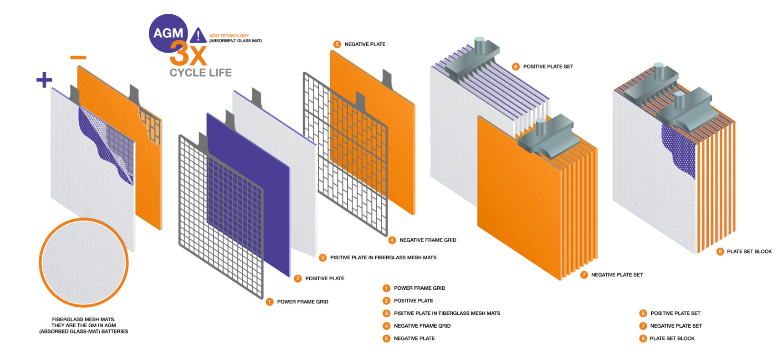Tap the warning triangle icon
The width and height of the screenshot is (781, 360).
click(x=198, y=36)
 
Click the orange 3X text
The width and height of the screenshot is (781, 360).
click(x=188, y=54)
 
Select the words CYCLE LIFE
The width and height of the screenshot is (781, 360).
click(x=200, y=73)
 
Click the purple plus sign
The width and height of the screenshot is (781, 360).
click(x=44, y=79)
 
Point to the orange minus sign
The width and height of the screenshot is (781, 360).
click(x=78, y=57)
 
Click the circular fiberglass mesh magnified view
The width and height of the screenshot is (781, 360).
click(x=84, y=263)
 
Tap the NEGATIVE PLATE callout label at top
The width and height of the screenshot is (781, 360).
click(x=365, y=44)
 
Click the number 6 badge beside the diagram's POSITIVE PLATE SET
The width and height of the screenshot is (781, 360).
click(x=515, y=66)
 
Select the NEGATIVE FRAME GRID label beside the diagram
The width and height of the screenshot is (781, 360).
click(x=428, y=240)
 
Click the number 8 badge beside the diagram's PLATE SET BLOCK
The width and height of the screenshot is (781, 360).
click(x=720, y=251)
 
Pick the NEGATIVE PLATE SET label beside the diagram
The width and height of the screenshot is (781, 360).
click(x=617, y=275)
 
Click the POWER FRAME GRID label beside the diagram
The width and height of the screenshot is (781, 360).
click(x=303, y=302)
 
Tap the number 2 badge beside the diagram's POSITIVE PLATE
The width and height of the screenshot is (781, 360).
click(x=298, y=278)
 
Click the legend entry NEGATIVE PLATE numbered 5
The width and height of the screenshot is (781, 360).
click(x=414, y=338)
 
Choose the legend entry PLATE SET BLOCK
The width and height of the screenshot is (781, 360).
click(x=672, y=338)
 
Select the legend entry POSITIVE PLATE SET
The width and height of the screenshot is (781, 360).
click(x=675, y=313)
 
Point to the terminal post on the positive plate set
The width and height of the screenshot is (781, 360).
click(x=480, y=46)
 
